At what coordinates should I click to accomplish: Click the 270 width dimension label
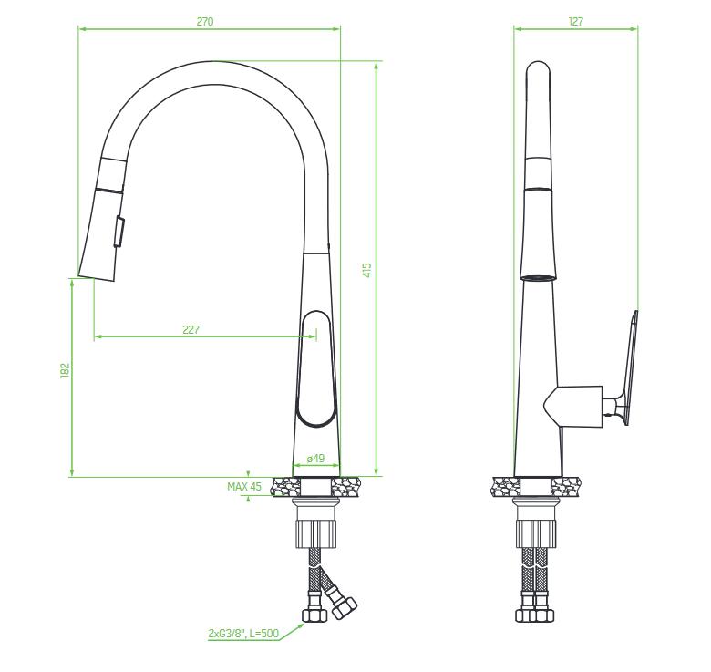tap(205, 21)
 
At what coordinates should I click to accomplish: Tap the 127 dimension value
tap(575, 21)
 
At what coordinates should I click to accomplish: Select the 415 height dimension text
tap(367, 270)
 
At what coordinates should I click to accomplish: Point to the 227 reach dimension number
tap(191, 330)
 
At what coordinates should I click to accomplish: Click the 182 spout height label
tap(66, 369)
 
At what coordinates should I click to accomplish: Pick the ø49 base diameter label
tap(315, 459)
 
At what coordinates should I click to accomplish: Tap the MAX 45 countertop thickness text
tap(244, 487)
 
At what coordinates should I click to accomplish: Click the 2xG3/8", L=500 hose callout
tap(243, 633)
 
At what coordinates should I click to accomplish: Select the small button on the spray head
tap(118, 232)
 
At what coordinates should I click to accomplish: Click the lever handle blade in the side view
tap(629, 367)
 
